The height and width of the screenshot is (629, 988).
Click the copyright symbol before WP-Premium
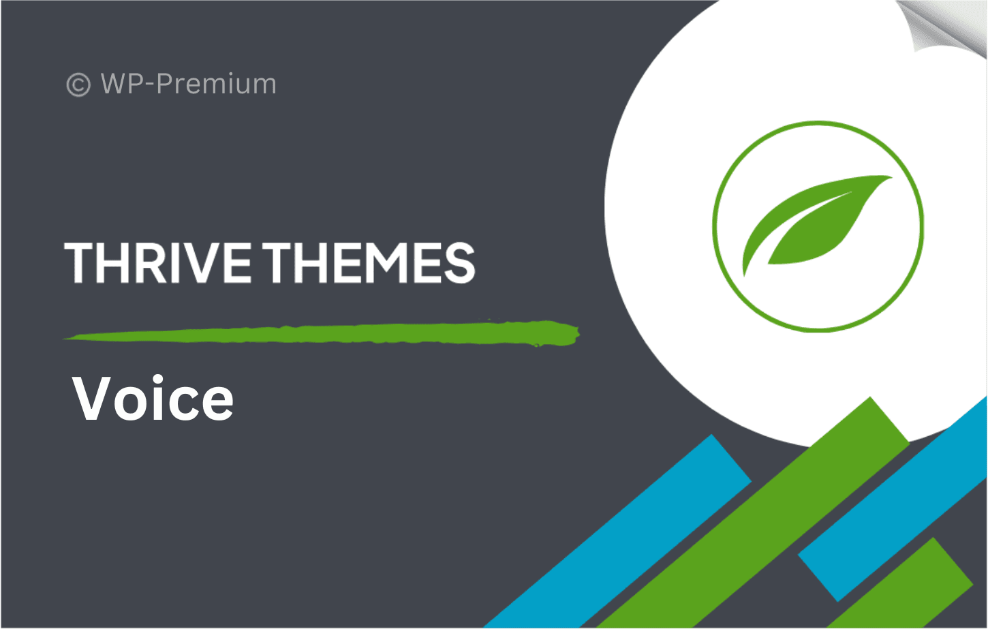[78, 85]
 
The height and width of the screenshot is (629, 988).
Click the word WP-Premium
[188, 83]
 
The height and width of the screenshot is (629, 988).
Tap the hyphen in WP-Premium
[151, 85]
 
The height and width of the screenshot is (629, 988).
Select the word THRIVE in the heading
[158, 262]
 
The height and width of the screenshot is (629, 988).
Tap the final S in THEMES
[460, 262]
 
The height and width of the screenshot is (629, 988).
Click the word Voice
[153, 398]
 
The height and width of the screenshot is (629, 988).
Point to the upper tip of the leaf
[891, 177]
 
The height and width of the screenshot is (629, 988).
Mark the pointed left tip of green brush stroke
[65, 339]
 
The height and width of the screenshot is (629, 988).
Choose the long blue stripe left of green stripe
[617, 532]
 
